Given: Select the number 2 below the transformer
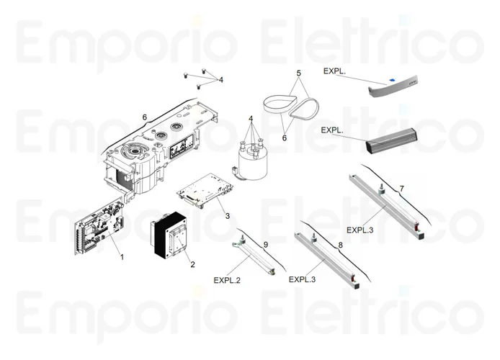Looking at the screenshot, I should (192, 264).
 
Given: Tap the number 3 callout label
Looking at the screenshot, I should (227, 215).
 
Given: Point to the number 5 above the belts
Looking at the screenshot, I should (298, 73).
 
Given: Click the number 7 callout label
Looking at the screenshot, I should (402, 189).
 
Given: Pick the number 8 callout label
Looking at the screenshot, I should (340, 245).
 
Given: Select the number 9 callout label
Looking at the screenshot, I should (265, 245).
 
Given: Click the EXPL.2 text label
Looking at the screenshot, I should (227, 280).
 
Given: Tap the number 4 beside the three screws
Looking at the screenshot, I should (221, 79).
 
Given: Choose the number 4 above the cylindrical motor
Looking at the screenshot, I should (251, 118).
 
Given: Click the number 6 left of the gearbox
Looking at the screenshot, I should (144, 117).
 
